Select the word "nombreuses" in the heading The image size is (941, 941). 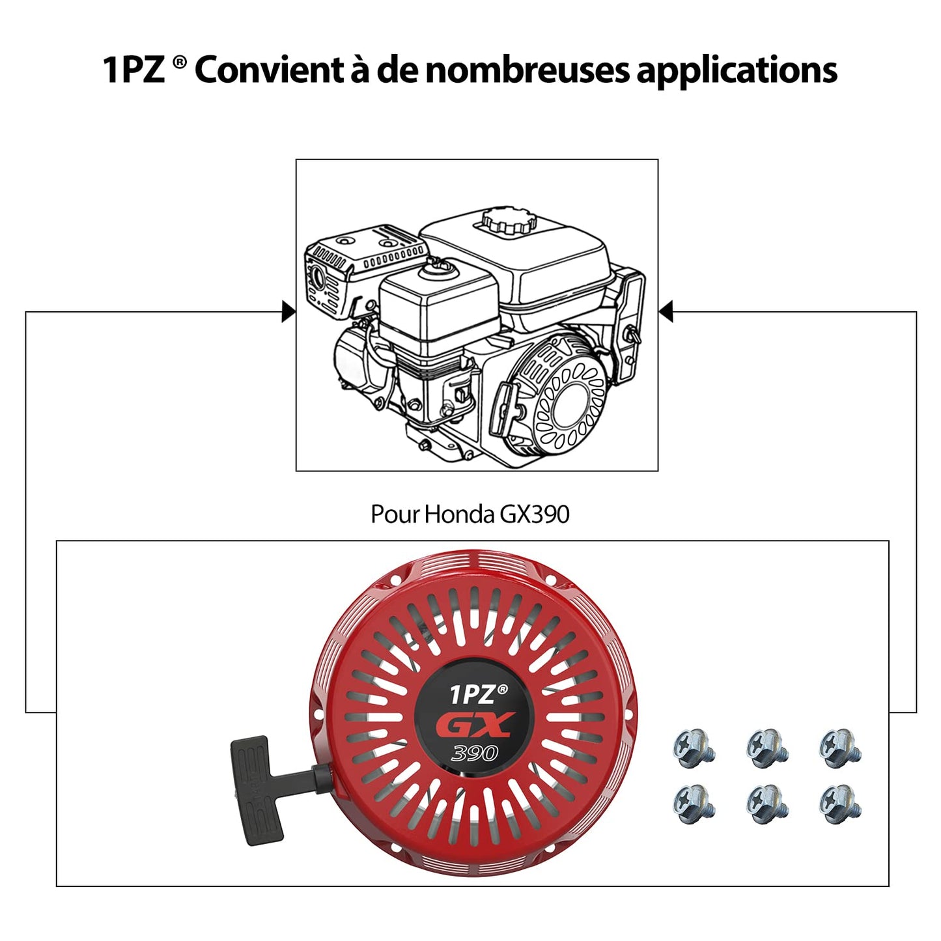(527, 70)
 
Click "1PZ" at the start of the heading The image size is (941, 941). (134, 70)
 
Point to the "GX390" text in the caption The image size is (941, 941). (534, 514)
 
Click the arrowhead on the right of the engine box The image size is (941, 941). (666, 312)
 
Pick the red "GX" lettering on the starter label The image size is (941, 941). (475, 725)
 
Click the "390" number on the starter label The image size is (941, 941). (474, 753)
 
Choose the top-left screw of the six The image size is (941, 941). (694, 747)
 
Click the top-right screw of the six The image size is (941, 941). (840, 747)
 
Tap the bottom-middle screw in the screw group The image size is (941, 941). (768, 802)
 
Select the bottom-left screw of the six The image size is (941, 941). (694, 802)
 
